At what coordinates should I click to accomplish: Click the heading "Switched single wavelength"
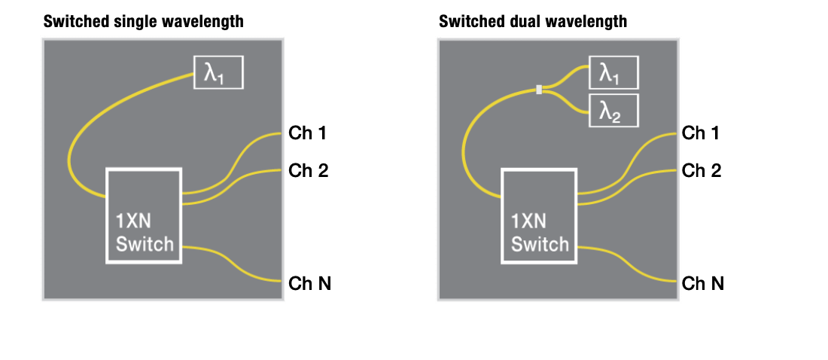point(143,22)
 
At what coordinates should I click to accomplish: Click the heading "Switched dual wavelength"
point(533,22)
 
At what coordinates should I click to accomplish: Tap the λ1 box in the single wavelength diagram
point(219,72)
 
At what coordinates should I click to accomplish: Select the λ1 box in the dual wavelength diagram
point(613,73)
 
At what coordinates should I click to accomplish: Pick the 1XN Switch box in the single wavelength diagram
point(144,215)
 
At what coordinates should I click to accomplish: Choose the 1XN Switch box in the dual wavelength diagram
point(539,215)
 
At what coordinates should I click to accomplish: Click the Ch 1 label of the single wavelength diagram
point(309,134)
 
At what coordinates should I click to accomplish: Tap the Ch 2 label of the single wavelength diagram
point(309,170)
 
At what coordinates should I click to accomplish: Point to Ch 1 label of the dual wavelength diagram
point(702,134)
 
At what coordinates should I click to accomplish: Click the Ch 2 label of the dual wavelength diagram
point(702,170)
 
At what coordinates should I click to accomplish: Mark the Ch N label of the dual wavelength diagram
point(703,283)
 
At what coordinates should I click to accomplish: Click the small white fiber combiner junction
point(539,90)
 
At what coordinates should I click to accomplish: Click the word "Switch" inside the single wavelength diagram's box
point(145,243)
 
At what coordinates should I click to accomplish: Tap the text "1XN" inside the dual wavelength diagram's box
point(528,221)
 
